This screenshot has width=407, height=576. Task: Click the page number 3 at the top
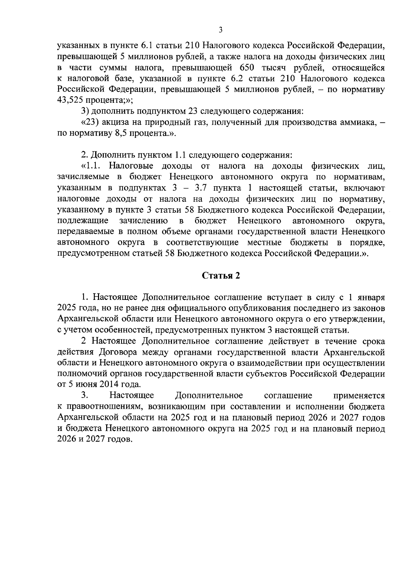220,30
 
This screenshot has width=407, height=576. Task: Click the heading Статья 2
221,276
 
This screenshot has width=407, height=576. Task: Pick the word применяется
359,396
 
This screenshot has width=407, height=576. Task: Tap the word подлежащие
83,221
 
